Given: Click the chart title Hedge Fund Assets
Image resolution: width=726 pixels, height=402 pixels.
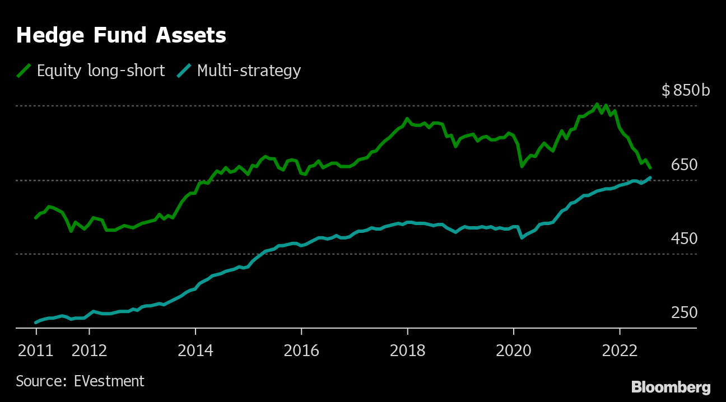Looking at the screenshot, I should (x=121, y=35).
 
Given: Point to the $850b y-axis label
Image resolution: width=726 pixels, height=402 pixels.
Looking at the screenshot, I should (x=686, y=90).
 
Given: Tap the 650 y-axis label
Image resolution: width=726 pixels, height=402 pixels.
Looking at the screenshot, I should (x=685, y=165).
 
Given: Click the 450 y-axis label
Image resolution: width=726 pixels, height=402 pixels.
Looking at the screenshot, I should (x=685, y=239).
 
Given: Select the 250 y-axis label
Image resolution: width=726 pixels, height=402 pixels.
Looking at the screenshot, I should (x=685, y=312).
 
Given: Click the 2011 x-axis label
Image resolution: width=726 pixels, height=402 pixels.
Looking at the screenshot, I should (x=36, y=350).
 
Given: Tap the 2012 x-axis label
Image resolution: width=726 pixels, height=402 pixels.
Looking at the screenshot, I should (x=89, y=350).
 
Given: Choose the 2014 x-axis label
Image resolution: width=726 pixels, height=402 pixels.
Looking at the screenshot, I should (x=195, y=350).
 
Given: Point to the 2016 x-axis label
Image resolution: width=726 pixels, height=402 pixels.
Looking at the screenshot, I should (x=301, y=350).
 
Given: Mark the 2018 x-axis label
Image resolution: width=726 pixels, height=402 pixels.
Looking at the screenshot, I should (x=408, y=350).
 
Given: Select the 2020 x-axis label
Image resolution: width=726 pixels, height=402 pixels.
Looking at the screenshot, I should (x=514, y=350).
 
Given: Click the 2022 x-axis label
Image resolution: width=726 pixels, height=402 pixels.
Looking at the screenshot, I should (x=620, y=350).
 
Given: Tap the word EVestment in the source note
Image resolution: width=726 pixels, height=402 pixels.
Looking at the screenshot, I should (x=109, y=381).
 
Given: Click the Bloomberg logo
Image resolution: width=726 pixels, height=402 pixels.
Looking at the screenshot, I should (x=671, y=387).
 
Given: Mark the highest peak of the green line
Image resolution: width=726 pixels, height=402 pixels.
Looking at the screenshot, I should (x=597, y=105).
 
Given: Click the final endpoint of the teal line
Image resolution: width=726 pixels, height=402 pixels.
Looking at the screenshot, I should (x=650, y=177).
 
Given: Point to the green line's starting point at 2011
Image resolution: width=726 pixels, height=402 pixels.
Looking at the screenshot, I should (x=36, y=218).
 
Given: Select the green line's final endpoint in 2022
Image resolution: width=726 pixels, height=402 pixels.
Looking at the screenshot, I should (x=650, y=167).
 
